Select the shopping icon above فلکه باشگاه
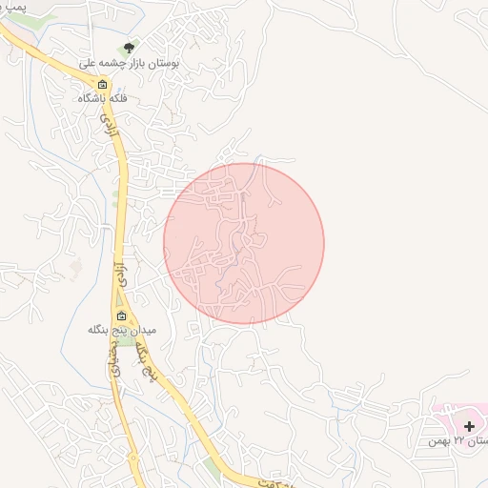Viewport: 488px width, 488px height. point(103,84)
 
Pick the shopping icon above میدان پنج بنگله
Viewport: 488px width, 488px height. point(121,315)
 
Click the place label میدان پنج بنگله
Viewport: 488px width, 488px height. point(121,330)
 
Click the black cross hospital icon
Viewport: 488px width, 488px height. point(469,425)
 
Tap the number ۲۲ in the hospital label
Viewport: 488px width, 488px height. point(458,440)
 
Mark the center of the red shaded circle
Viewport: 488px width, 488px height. point(244,244)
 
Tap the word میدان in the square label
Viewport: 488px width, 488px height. point(146,330)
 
